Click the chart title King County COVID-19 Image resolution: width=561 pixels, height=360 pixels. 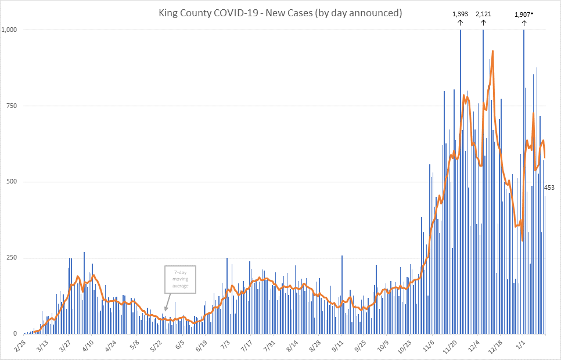280,12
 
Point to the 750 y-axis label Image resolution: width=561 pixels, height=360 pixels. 12,106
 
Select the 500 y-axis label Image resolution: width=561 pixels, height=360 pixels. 12,182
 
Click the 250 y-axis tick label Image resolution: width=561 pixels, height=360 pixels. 12,258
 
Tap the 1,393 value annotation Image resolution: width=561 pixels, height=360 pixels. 460,13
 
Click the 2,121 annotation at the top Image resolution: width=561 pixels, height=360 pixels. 483,13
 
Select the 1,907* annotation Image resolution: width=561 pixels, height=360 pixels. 523,13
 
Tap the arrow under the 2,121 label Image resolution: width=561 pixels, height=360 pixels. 483,23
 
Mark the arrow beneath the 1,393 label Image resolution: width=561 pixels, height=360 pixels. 460,23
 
